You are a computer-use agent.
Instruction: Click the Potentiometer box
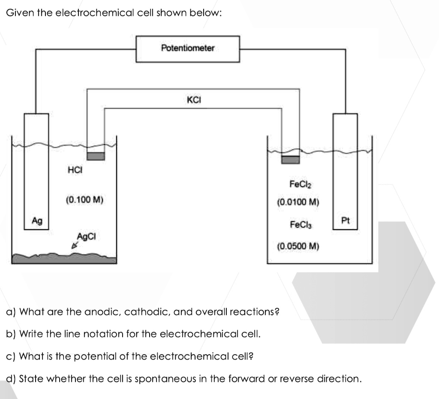coord(188,49)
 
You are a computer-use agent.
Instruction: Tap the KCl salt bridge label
coord(194,100)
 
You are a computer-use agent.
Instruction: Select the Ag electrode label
coord(37,221)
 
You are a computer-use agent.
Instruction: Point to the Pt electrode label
coord(345,221)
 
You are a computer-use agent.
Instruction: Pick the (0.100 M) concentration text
coord(84,199)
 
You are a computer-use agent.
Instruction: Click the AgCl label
coord(87,236)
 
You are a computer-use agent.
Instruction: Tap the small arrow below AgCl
coord(75,246)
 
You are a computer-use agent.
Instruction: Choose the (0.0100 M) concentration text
coord(299,202)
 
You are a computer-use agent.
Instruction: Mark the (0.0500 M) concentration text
coord(299,247)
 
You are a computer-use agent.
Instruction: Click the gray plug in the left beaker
coord(96,156)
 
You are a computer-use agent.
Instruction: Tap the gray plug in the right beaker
coord(290,160)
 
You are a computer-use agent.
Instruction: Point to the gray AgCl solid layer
coord(64,258)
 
